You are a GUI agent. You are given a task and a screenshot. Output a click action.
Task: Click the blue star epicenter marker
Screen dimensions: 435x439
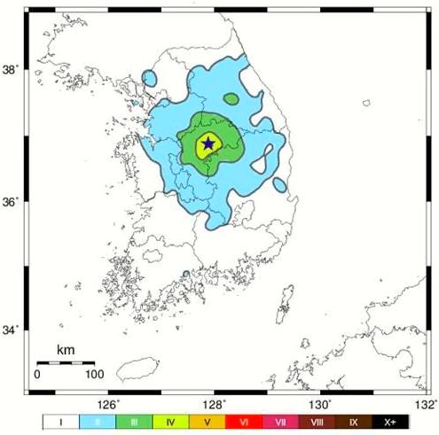(x=208, y=143)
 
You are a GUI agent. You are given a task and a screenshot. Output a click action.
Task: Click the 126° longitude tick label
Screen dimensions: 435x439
(x=114, y=404)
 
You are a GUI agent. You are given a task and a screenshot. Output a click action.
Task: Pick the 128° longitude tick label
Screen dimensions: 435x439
(x=216, y=404)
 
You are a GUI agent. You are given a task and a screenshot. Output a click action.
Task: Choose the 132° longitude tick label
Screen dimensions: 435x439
(x=423, y=404)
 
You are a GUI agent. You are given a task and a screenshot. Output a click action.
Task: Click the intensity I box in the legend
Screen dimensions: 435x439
(x=60, y=423)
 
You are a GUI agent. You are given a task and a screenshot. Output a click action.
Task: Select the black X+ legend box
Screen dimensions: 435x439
(x=390, y=423)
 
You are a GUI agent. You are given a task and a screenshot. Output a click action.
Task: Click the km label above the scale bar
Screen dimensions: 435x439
(x=65, y=351)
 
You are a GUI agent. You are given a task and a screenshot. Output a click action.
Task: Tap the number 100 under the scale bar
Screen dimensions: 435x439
(x=93, y=374)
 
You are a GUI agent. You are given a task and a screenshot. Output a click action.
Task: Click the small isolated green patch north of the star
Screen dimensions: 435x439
(x=231, y=98)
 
